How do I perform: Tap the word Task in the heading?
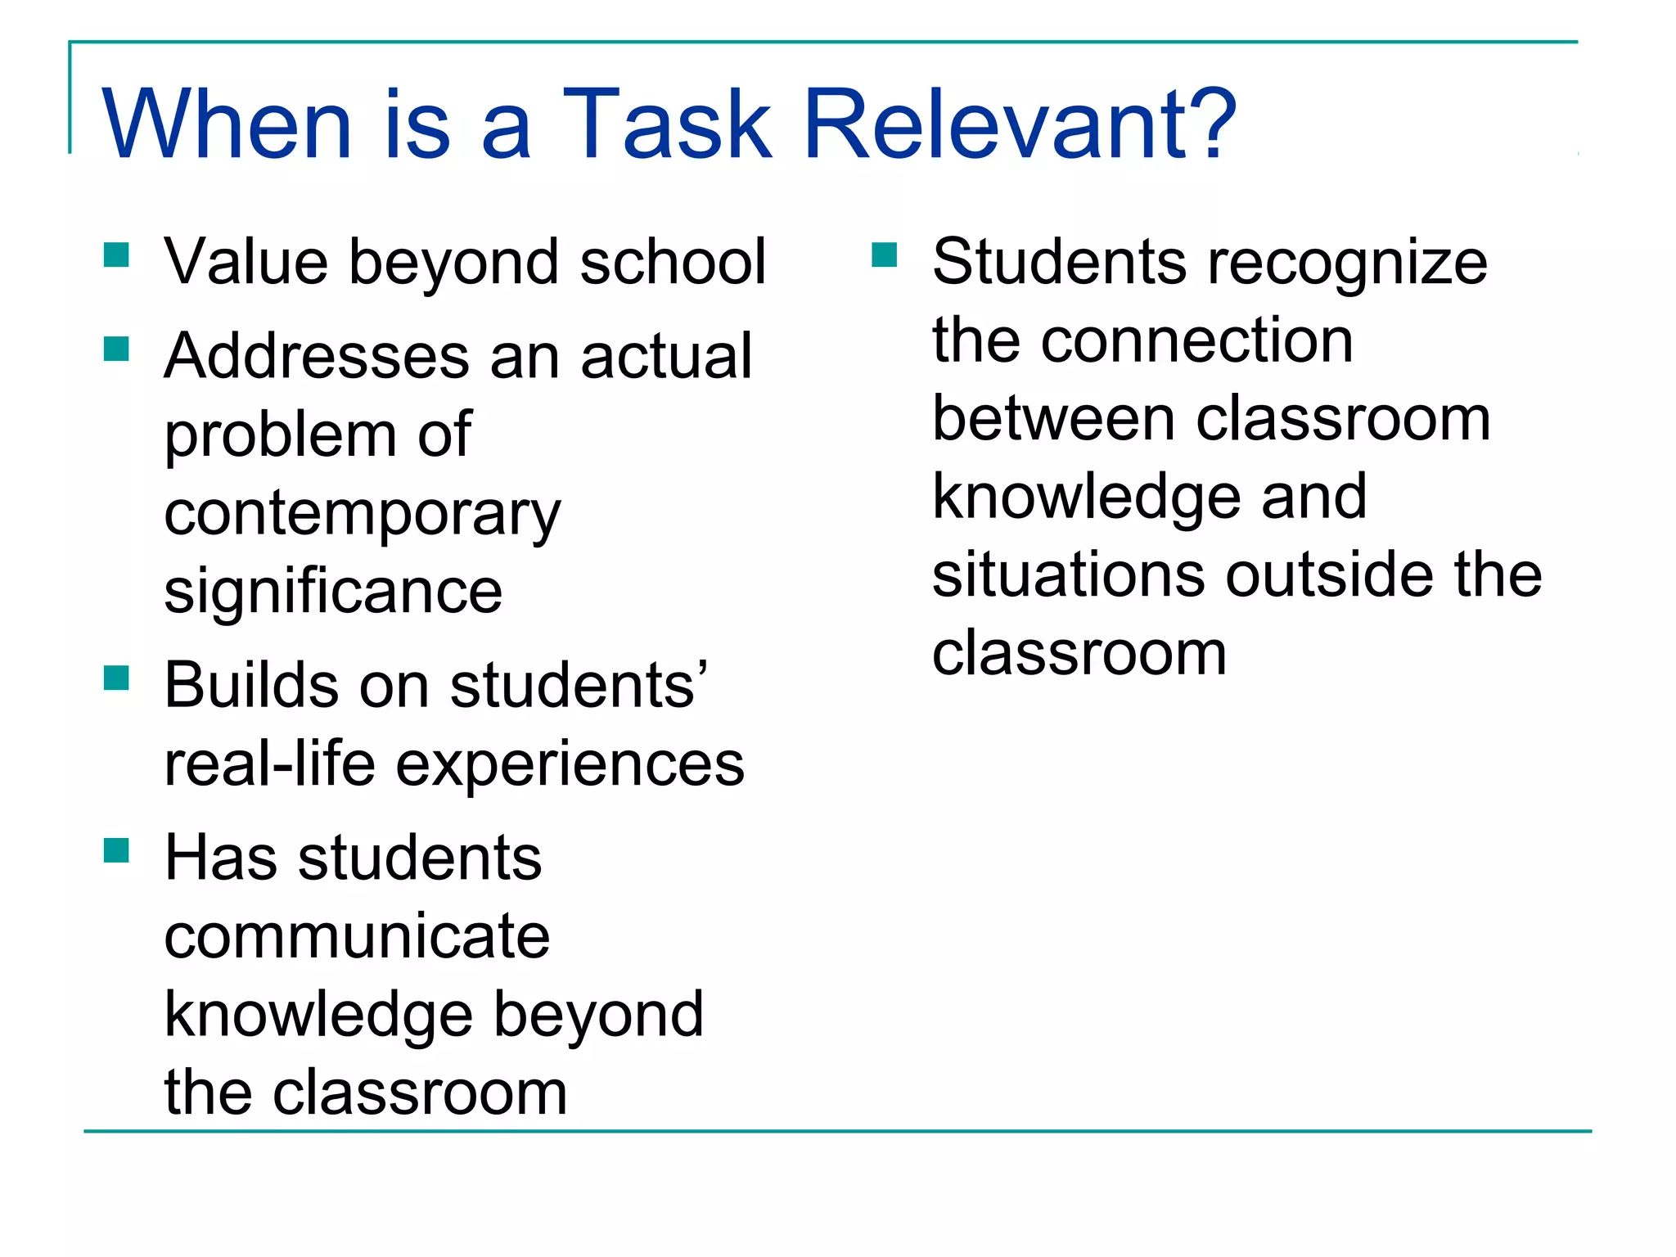667,124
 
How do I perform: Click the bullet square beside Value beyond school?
117,255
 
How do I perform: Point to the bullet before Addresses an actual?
117,349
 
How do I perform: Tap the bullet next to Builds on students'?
117,678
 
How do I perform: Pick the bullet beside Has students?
117,851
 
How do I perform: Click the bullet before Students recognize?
885,255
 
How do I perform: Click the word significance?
333,592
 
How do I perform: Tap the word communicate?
357,936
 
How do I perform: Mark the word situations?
1068,574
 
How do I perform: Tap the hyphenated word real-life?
269,764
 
